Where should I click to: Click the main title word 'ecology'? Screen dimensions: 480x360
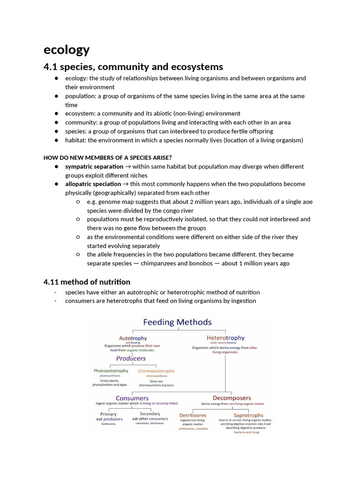67,49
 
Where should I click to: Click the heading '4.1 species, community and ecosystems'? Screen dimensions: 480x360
133,67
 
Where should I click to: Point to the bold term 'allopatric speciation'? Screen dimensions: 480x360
93,184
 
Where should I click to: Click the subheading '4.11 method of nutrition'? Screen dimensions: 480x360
87,282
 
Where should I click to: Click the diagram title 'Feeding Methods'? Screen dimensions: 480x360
177,322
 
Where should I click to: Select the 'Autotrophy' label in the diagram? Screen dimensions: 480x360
133,338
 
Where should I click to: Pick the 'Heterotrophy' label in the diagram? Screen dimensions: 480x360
225,337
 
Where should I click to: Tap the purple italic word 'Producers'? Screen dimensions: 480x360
131,359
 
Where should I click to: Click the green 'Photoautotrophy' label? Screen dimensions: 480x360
111,371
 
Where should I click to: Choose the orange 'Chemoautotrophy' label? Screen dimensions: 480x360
156,371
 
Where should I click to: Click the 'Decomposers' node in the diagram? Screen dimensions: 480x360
232,398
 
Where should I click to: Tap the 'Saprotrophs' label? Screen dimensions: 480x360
248,415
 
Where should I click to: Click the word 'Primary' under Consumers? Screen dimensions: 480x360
108,414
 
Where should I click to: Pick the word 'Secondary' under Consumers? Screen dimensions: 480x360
150,414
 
